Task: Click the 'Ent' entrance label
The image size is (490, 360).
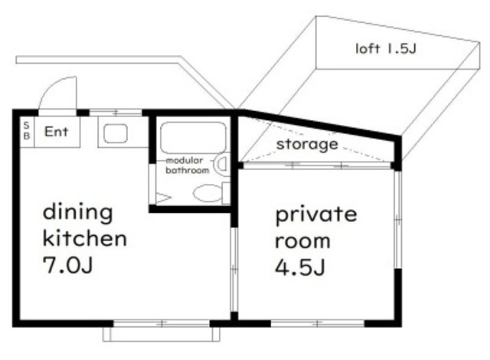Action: tap(56, 132)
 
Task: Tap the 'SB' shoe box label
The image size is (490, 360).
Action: tap(27, 131)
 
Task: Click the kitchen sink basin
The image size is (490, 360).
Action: tap(116, 133)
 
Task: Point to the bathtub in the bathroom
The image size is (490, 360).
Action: tap(193, 138)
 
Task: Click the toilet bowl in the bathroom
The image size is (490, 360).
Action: tap(207, 193)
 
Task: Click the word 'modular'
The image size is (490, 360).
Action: tap(185, 161)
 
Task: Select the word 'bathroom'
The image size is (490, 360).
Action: tap(187, 170)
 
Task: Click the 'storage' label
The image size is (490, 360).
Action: tap(307, 144)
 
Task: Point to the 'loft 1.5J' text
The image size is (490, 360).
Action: tap(386, 48)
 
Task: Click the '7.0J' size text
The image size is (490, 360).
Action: tap(68, 265)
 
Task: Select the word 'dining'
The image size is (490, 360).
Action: tap(77, 212)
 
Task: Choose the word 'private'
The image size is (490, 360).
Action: tap(316, 215)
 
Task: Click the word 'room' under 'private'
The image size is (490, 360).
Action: tap(302, 241)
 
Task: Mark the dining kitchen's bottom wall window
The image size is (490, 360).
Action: tap(162, 323)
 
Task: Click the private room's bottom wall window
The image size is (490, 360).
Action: tap(318, 323)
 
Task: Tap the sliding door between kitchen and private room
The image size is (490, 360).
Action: tap(234, 270)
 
